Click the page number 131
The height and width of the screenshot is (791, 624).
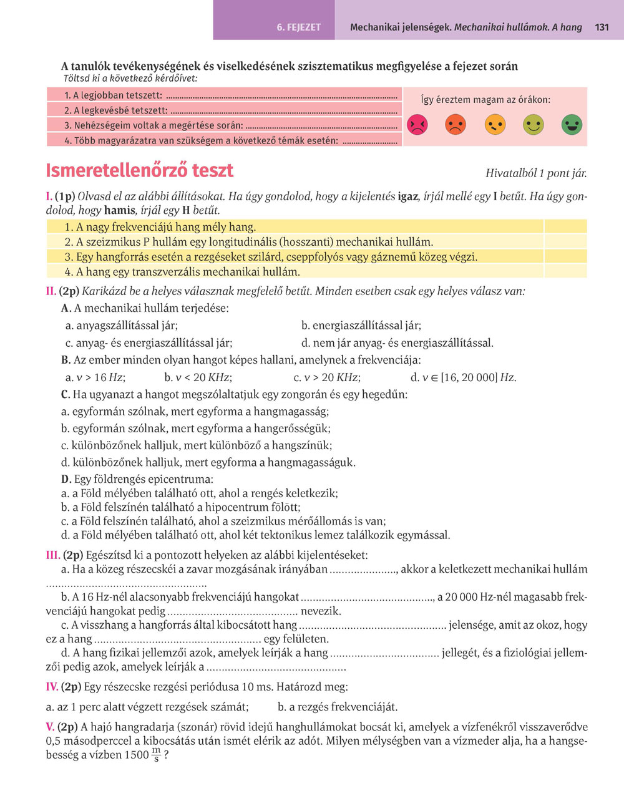(x=602, y=27)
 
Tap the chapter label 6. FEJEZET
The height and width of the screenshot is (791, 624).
(x=299, y=27)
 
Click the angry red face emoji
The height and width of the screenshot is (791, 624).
(x=417, y=125)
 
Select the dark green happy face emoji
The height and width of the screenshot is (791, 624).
(x=571, y=125)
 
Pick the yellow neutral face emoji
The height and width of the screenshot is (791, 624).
(x=494, y=125)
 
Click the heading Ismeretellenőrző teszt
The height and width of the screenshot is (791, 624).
(x=140, y=171)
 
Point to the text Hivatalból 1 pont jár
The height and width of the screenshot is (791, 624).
(x=535, y=174)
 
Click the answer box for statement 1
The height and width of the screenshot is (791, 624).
(x=565, y=226)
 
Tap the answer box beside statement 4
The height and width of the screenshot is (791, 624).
(x=565, y=271)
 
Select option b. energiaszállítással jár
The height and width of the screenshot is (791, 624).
(x=361, y=326)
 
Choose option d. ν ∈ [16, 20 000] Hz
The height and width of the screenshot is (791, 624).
(x=463, y=377)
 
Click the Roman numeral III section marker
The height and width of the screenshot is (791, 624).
(x=52, y=555)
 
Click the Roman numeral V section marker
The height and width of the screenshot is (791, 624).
(x=50, y=727)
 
